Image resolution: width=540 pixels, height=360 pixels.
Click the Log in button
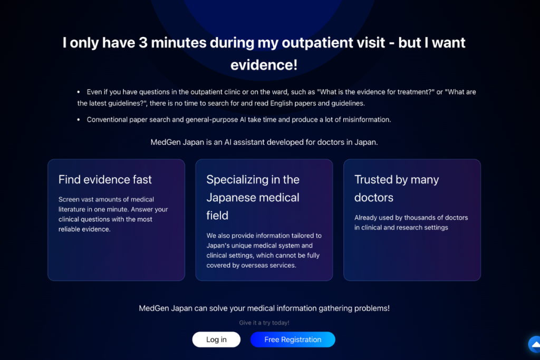pos(216,339)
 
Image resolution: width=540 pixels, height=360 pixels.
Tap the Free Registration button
pos(293,339)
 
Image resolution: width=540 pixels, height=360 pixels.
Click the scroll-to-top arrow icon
pos(535,344)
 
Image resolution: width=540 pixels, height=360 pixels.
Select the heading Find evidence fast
pos(105,179)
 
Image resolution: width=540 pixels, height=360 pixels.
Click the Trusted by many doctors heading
pos(397,188)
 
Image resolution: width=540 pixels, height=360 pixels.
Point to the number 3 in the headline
pos(143,43)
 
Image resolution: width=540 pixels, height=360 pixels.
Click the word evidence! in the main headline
pos(264,65)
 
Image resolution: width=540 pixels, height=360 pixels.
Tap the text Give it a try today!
pos(264,323)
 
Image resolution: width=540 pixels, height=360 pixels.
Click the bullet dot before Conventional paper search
pos(79,120)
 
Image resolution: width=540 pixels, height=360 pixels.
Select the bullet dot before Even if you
pos(79,92)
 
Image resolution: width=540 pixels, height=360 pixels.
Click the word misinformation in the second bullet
pos(367,120)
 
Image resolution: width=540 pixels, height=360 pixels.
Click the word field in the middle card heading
pos(217,215)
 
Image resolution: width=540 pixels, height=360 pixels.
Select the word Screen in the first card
pos(69,199)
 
